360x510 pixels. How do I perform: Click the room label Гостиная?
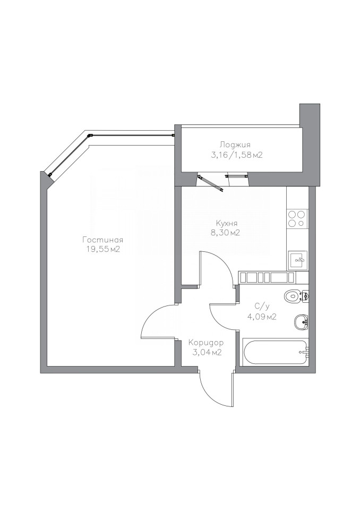click(102, 240)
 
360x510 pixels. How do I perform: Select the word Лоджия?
click(235, 144)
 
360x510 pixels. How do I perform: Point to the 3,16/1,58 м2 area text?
click(236, 155)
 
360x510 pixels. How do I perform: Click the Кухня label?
click(227, 224)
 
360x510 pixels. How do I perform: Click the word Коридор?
click(206, 343)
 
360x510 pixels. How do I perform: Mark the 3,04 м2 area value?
click(207, 352)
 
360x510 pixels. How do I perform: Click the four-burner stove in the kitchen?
click(297, 218)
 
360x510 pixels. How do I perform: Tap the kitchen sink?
click(297, 260)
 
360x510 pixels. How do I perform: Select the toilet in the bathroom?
click(296, 296)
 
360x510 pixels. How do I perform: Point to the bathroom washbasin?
click(301, 322)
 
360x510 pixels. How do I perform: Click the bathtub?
click(275, 352)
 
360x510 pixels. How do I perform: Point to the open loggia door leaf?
click(211, 182)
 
